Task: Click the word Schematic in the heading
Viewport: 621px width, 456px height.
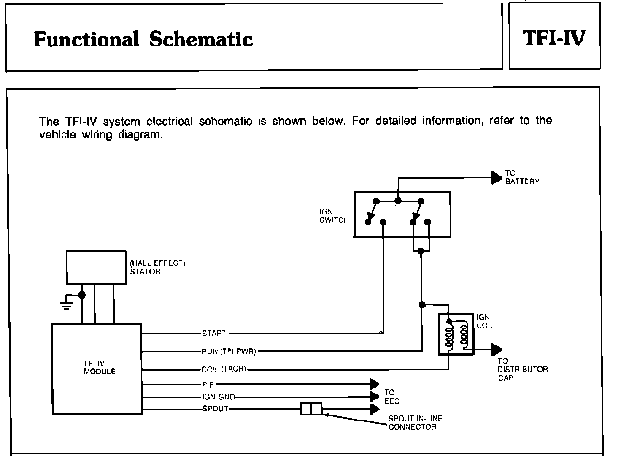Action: (201, 40)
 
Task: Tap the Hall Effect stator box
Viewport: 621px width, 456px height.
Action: (96, 267)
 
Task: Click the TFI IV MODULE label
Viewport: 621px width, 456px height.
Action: (99, 367)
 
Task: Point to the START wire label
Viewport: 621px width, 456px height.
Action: (214, 334)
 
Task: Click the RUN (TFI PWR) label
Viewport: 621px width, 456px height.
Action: (229, 351)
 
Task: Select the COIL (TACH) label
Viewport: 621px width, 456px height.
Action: (224, 369)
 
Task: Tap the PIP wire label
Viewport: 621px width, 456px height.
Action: (208, 385)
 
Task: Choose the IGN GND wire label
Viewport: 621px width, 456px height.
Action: (219, 397)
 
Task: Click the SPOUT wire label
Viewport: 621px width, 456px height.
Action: (215, 409)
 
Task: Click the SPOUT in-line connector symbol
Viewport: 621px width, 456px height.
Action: (311, 409)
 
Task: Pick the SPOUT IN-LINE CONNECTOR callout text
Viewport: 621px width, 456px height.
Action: (415, 423)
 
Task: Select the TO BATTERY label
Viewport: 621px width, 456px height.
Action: (522, 177)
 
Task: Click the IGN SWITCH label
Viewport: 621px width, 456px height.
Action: (334, 216)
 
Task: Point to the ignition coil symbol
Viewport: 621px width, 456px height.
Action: (456, 334)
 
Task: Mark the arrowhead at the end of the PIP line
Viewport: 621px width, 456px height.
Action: (374, 384)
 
